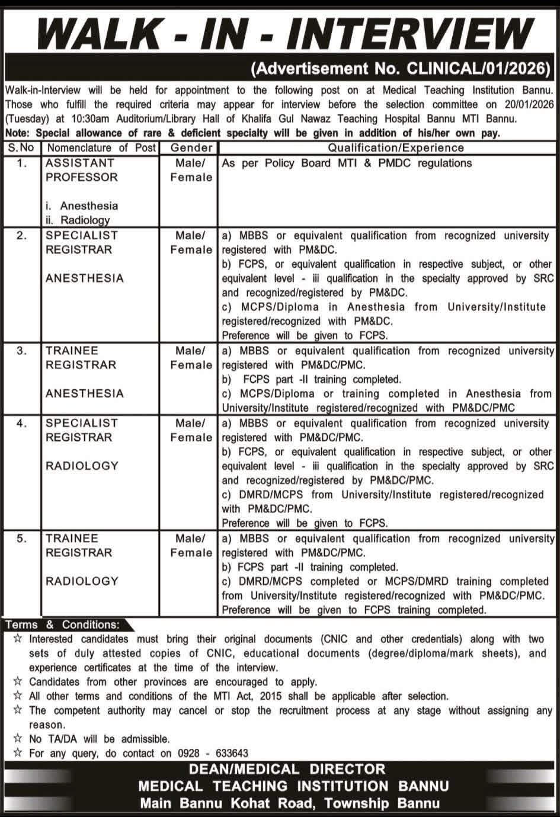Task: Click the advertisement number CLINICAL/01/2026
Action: tap(478, 69)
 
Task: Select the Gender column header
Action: tap(191, 148)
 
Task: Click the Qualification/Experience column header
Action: tap(396, 148)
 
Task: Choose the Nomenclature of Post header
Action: tap(101, 148)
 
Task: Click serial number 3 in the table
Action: tap(22, 351)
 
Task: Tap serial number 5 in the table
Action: tap(22, 539)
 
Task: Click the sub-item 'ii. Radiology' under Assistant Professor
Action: tap(78, 220)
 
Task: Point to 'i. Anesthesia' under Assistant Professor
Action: tap(82, 206)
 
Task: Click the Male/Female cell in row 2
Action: tap(191, 242)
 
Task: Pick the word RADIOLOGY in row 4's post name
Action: tap(82, 466)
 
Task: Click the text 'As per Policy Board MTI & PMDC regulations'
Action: tap(347, 163)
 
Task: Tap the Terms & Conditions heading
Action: tap(62, 624)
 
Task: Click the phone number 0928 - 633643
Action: tap(213, 753)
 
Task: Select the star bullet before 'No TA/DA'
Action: tap(18, 739)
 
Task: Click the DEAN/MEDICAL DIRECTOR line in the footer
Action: tap(287, 770)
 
